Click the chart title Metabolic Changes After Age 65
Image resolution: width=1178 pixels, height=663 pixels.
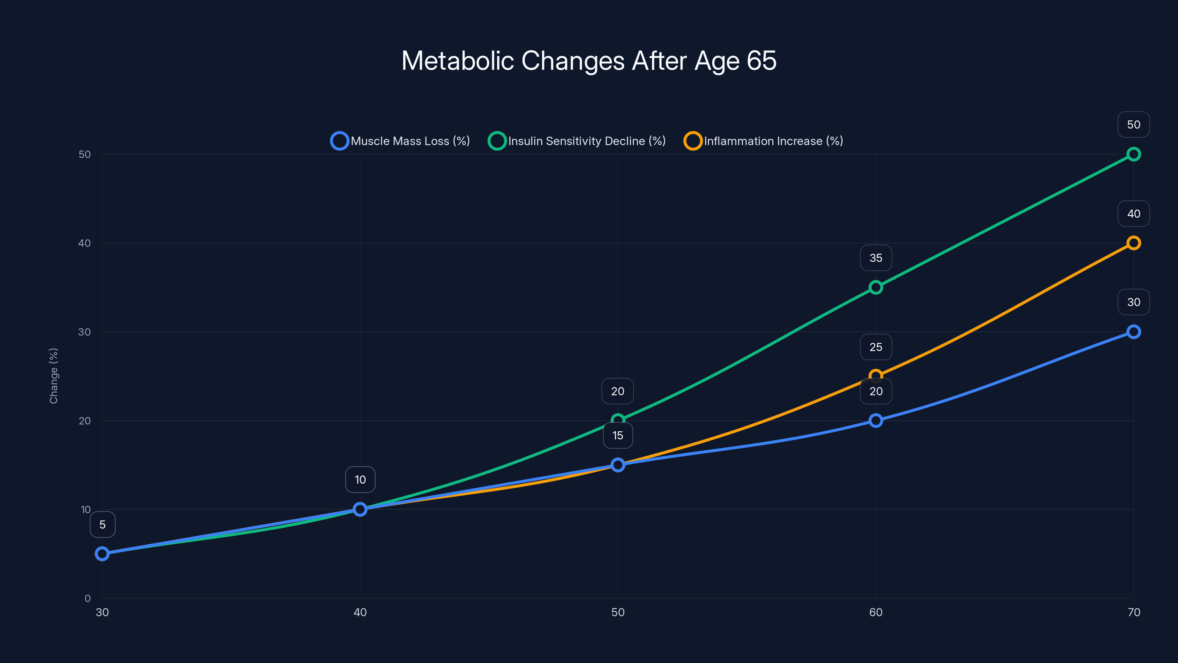[589, 61]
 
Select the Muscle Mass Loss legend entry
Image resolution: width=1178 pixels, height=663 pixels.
[401, 141]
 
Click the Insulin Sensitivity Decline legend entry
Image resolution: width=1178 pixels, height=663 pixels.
[577, 141]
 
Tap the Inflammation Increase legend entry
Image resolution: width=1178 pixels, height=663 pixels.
[764, 141]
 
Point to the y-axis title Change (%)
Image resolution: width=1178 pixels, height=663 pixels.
[53, 376]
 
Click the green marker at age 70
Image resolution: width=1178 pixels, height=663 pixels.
[1133, 154]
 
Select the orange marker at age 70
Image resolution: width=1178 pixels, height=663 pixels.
[1133, 243]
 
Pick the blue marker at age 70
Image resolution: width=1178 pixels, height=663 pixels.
[1133, 332]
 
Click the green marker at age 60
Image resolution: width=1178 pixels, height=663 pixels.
[875, 287]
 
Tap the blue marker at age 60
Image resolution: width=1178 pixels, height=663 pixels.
[875, 421]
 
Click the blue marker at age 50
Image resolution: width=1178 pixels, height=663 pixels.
[618, 465]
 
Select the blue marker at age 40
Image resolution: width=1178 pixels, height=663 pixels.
[360, 509]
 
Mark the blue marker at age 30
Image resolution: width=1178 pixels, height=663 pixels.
[102, 554]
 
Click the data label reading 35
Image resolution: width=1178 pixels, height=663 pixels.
[875, 258]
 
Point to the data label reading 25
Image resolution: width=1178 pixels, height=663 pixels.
[875, 347]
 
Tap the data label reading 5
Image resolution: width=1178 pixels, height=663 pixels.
[102, 525]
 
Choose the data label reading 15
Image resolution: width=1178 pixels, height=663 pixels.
[618, 436]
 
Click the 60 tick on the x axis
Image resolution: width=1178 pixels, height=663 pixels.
[875, 612]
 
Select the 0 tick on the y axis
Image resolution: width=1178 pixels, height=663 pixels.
[87, 598]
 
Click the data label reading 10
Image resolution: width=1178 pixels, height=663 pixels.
[360, 480]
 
